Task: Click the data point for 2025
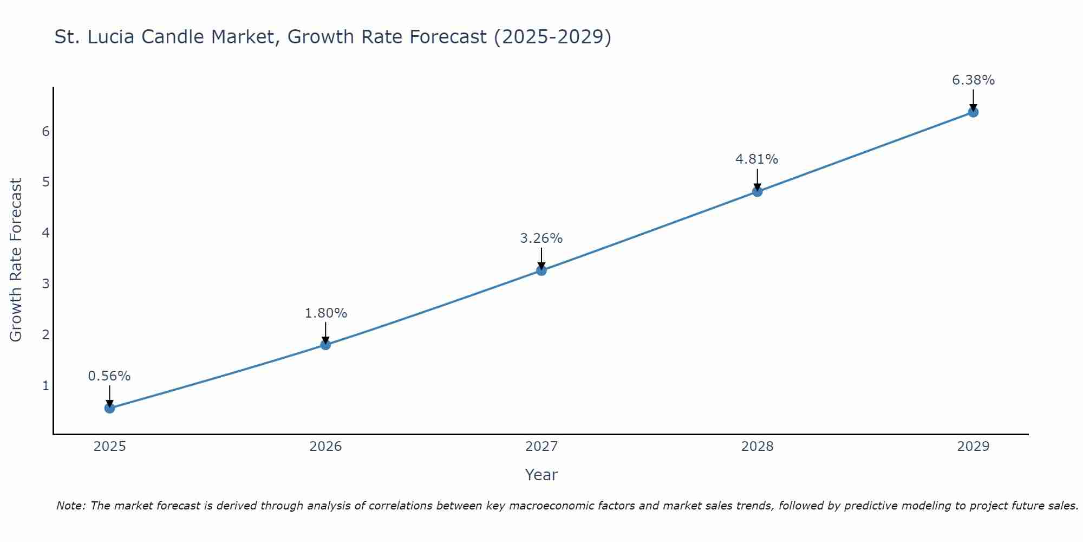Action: point(109,408)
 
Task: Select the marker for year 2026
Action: point(325,345)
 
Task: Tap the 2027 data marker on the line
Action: point(541,270)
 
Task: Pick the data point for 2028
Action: point(757,191)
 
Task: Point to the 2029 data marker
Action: point(973,112)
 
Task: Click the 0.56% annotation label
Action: point(109,376)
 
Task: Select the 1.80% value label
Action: point(325,313)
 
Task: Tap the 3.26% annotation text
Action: point(541,238)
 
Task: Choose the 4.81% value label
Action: point(757,159)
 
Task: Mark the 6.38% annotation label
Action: point(973,80)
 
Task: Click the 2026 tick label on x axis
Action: point(325,447)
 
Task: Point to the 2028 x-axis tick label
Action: point(757,447)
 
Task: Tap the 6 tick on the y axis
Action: point(46,132)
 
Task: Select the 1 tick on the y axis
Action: point(46,386)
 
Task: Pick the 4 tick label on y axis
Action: point(46,233)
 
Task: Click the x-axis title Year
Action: point(541,475)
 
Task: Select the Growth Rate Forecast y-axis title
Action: point(16,260)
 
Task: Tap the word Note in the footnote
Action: point(70,506)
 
